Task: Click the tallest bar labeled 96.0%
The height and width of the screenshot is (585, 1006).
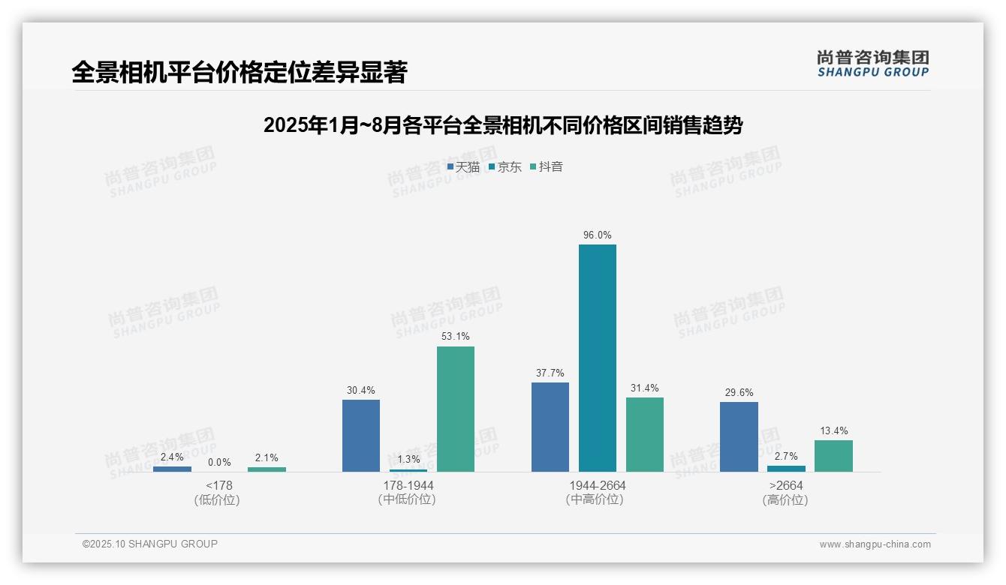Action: coord(597,358)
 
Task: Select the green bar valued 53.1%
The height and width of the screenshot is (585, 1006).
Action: coord(456,409)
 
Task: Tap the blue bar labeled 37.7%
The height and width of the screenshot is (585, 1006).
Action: coord(550,427)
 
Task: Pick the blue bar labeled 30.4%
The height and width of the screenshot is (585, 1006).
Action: coord(361,435)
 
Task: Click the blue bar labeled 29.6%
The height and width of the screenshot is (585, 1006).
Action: coord(739,436)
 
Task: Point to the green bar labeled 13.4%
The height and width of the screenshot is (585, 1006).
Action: coord(833,455)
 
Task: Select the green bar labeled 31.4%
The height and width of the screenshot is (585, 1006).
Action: coord(645,434)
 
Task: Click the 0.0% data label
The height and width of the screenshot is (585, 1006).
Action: coord(219,463)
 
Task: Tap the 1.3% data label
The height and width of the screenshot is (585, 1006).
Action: coord(408,460)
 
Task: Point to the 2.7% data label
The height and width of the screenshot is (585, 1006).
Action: coord(786,456)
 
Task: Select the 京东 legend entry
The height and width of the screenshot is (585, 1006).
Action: coord(505,167)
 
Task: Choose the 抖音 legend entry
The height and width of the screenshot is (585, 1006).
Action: coord(547,167)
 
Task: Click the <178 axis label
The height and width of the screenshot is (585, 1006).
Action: coord(219,486)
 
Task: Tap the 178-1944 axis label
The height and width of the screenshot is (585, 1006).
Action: coord(408,486)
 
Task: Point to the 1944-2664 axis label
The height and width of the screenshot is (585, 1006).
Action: coord(597,486)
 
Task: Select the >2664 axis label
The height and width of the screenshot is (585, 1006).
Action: coord(786,486)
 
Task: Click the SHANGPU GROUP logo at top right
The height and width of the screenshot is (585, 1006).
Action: coord(872,64)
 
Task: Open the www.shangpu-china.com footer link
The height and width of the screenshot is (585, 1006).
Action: coord(875,544)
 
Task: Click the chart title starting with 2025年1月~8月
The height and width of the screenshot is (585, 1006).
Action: coord(502,125)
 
